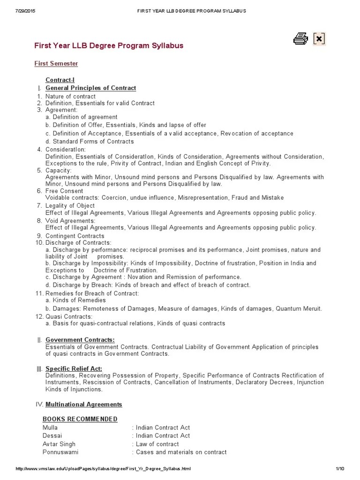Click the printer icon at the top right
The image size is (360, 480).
pyautogui.click(x=300, y=39)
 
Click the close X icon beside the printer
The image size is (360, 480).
pyautogui.click(x=319, y=39)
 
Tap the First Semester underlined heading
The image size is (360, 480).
pyautogui.click(x=56, y=63)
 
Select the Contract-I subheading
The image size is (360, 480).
pyautogui.click(x=60, y=80)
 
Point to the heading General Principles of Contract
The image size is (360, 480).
pyautogui.click(x=90, y=88)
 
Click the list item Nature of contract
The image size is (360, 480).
pyautogui.click(x=70, y=97)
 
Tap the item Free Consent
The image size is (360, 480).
pyautogui.click(x=64, y=191)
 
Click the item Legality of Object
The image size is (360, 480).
pyautogui.click(x=70, y=206)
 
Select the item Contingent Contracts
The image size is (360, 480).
pyautogui.click(x=75, y=236)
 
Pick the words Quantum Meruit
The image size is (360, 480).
pyautogui.click(x=299, y=309)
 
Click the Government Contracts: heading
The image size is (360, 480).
pyautogui.click(x=80, y=340)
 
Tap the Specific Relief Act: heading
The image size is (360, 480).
pyautogui.click(x=74, y=369)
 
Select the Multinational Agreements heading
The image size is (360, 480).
pyautogui.click(x=83, y=404)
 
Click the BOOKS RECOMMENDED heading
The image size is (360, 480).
pyautogui.click(x=80, y=419)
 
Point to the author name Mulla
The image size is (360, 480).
pyautogui.click(x=50, y=427)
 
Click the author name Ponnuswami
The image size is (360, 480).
pyautogui.click(x=60, y=452)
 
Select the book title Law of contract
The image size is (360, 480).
pyautogui.click(x=157, y=444)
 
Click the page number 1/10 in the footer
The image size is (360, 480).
pyautogui.click(x=340, y=469)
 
